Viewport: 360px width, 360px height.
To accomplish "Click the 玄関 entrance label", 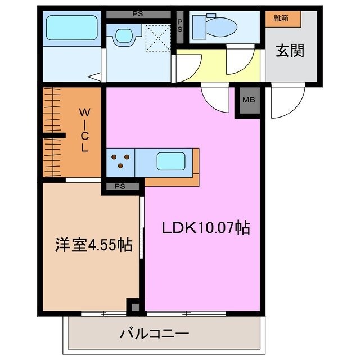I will [290, 51].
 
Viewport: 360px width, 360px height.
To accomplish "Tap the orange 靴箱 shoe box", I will [283, 19].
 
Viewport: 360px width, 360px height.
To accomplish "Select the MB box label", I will [247, 101].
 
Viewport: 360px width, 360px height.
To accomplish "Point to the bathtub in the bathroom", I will [71, 28].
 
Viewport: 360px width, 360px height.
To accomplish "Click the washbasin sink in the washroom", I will [124, 35].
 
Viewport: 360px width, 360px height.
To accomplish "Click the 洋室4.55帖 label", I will [93, 244].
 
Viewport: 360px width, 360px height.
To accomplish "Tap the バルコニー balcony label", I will [154, 334].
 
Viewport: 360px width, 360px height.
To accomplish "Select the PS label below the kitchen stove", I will [120, 186].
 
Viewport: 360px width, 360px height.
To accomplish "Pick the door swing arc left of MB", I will [218, 99].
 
